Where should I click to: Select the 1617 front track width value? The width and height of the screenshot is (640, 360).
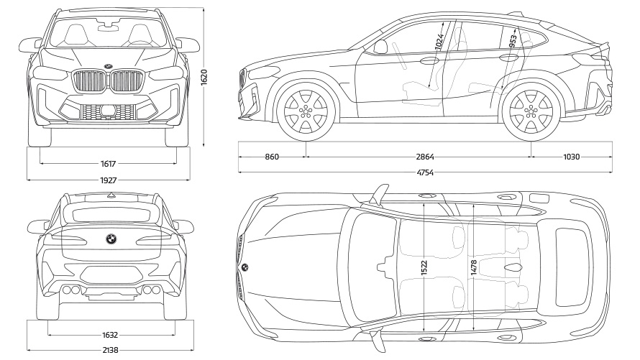pos(109,164)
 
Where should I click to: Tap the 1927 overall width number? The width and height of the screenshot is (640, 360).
pos(109,180)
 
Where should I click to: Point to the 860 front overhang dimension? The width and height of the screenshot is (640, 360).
pos(272,157)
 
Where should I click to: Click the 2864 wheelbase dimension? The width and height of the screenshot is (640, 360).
pos(424,157)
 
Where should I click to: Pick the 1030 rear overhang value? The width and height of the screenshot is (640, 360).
pos(571,157)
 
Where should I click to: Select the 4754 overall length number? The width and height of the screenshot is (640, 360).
pos(424,172)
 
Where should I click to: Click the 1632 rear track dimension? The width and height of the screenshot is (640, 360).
pos(110,335)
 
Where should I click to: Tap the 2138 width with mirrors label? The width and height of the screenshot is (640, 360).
pos(110,351)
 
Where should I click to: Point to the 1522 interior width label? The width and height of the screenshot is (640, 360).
pos(424,267)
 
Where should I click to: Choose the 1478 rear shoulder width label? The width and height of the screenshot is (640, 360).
pos(473,267)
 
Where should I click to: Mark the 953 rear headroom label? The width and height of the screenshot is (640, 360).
pos(513,40)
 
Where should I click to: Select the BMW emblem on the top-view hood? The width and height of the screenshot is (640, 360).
pos(244,267)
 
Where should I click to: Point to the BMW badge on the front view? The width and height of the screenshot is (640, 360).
pos(107,67)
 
